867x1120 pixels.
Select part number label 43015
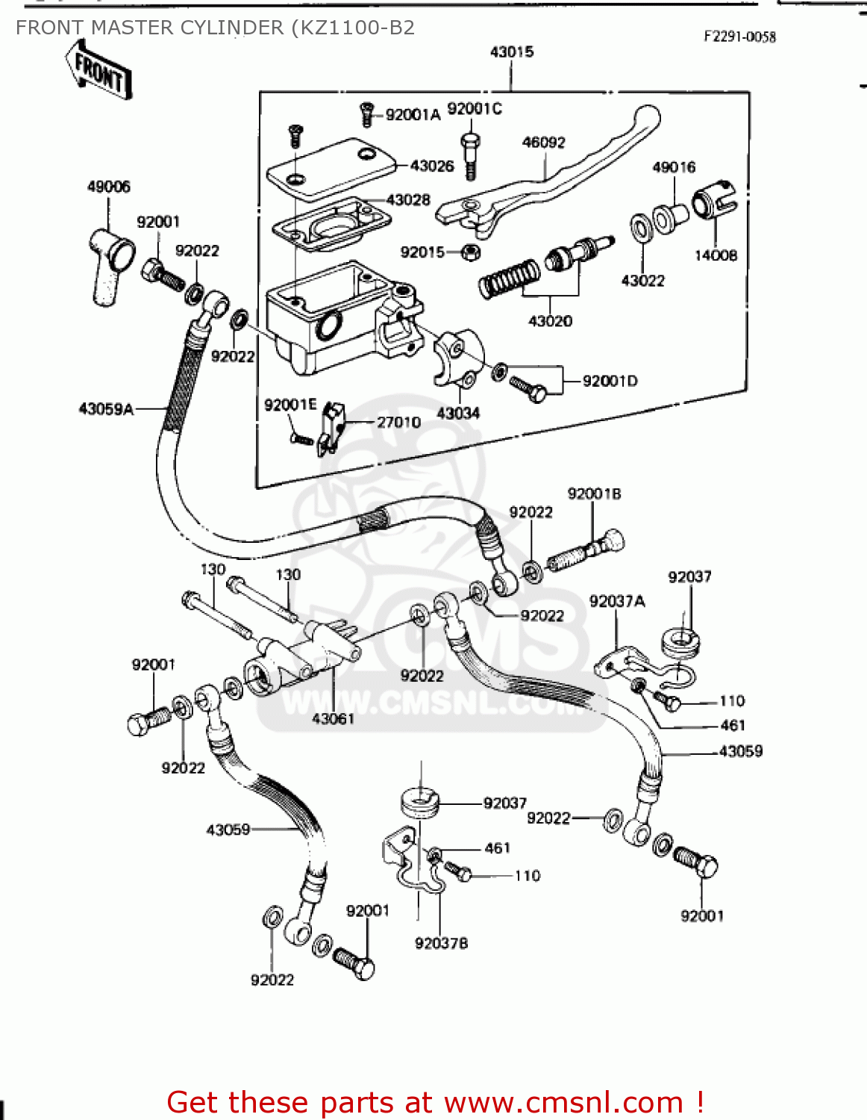512,52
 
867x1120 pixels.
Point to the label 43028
408,199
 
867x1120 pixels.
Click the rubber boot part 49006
110,265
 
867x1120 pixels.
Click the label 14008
715,255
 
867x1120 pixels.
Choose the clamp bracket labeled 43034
457,358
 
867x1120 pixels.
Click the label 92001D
610,381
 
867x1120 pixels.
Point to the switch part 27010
331,429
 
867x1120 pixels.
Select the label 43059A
106,408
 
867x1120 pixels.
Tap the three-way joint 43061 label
333,718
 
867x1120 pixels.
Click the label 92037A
617,601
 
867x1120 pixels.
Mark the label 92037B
441,943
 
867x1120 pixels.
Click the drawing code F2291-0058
739,37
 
